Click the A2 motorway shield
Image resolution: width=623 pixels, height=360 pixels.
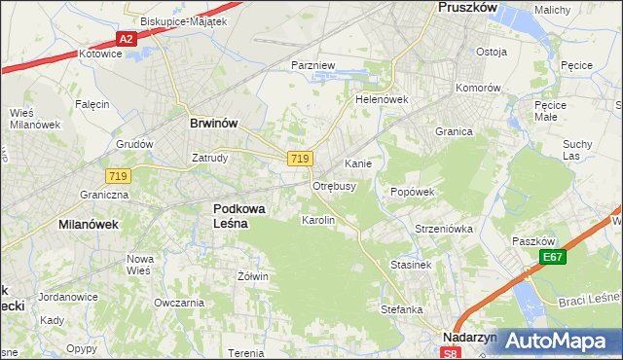click(125, 39)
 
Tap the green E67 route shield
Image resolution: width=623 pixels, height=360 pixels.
click(554, 257)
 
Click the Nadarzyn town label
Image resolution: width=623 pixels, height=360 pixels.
click(469, 337)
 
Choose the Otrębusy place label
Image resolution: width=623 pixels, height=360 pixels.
click(334, 185)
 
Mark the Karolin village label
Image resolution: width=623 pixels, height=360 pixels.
click(318, 221)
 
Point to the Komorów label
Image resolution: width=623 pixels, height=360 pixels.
click(478, 87)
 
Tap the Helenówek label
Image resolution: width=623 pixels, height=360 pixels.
click(381, 99)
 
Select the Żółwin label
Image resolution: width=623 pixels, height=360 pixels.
click(252, 276)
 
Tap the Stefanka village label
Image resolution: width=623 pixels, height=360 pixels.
click(401, 309)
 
